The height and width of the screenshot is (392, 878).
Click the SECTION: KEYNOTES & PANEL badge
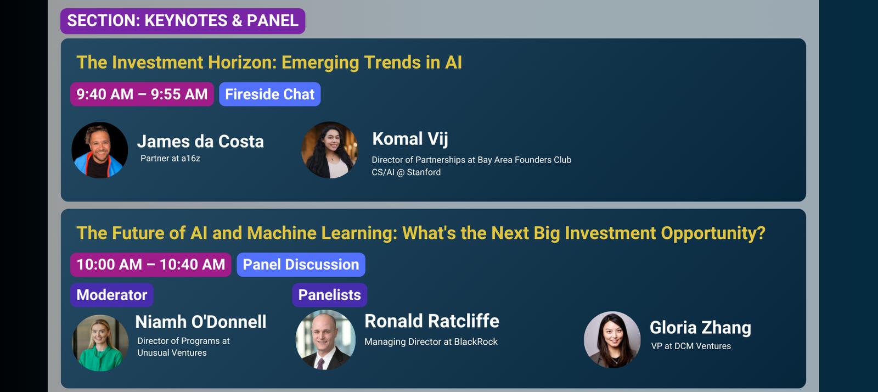pos(183,21)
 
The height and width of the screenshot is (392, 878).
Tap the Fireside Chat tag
pos(269,94)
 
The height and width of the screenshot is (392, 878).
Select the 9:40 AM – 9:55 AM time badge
pos(142,94)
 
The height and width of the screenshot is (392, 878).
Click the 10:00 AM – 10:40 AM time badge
pos(150,265)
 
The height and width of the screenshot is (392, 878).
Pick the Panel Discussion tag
pos(301,265)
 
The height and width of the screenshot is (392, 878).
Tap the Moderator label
pos(112,295)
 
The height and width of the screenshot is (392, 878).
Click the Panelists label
pos(330,295)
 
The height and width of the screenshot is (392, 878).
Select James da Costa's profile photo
pos(99,150)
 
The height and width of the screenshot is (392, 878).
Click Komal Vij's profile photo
pos(330,150)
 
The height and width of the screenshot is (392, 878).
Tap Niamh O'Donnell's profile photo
pos(100,343)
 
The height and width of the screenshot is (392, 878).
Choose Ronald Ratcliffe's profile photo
pos(325,340)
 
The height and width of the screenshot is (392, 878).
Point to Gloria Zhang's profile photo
pos(612,339)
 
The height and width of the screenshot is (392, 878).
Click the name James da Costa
pos(200,142)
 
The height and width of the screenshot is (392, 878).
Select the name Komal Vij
pos(410,139)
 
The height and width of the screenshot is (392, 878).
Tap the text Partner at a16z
pos(170,158)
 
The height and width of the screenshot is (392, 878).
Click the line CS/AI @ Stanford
pos(406,172)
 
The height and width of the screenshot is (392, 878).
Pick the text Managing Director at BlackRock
pos(431,342)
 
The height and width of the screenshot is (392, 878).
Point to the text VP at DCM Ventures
pos(691,346)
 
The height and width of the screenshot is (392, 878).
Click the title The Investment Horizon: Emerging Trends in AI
pos(269,63)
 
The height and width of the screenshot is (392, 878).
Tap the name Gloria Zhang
pos(700,328)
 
